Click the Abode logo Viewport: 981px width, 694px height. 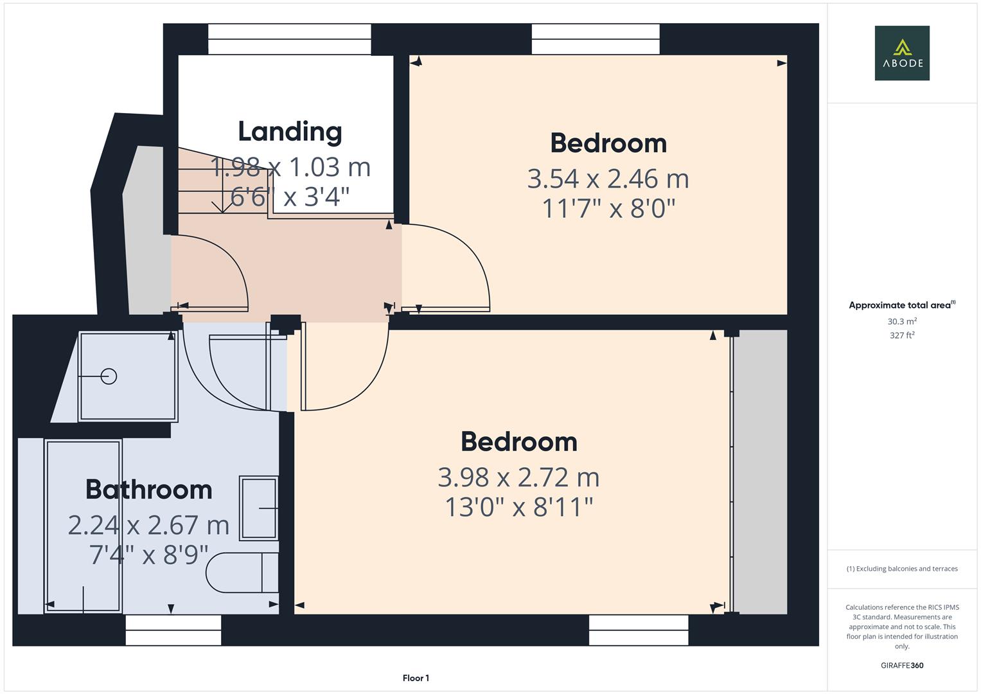901,53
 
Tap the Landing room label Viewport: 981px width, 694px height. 290,132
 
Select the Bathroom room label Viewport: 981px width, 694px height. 148,490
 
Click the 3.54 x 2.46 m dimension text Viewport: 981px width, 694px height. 608,179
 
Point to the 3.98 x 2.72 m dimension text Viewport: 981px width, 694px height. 518,477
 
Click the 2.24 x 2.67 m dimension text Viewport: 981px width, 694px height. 148,526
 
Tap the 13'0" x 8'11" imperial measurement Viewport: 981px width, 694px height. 518,508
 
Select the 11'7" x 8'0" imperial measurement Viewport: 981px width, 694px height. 608,209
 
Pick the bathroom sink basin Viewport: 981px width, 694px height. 259,508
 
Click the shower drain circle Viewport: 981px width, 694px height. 109,376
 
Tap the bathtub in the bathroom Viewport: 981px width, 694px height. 83,526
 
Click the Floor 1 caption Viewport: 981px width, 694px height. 416,678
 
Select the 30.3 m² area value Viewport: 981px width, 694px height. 902,321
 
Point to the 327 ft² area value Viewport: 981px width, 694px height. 902,335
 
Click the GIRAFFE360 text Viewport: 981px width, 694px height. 902,666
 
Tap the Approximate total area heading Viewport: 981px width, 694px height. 901,305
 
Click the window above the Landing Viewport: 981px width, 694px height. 289,39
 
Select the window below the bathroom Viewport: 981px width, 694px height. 173,630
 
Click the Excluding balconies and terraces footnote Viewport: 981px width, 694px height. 902,569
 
